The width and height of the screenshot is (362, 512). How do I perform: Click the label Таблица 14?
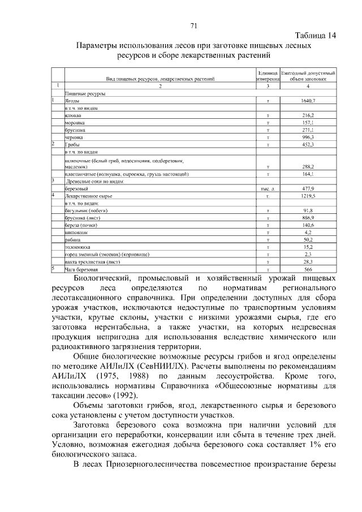click(316, 35)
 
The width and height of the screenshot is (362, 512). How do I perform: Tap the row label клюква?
click(74, 115)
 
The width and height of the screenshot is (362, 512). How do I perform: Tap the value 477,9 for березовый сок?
click(308, 188)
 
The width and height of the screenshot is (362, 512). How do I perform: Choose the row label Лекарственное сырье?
click(89, 196)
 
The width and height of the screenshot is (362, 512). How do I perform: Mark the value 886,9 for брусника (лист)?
click(308, 218)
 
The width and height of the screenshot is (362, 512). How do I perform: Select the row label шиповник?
click(76, 233)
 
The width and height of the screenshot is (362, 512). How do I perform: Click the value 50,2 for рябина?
click(308, 240)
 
